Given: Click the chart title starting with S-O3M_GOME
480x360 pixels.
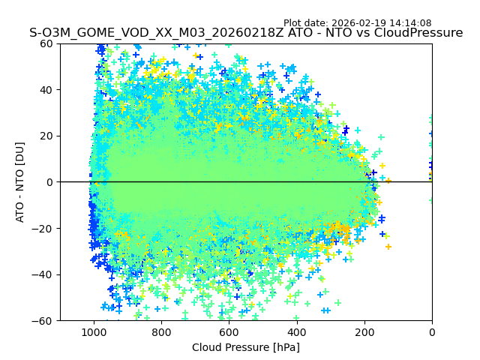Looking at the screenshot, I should [246, 33].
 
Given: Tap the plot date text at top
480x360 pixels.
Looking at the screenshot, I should [357, 23].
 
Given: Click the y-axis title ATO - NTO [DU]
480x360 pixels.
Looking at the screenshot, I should [20, 182].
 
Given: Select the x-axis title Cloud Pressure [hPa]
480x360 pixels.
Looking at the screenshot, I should [246, 347].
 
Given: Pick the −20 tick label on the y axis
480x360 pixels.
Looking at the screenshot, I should [45, 229].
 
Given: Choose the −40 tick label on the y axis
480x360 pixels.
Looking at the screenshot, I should [45, 274].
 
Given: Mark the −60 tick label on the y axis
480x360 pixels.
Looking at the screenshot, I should [45, 321].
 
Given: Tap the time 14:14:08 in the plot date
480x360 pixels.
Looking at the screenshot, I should [409, 23].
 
